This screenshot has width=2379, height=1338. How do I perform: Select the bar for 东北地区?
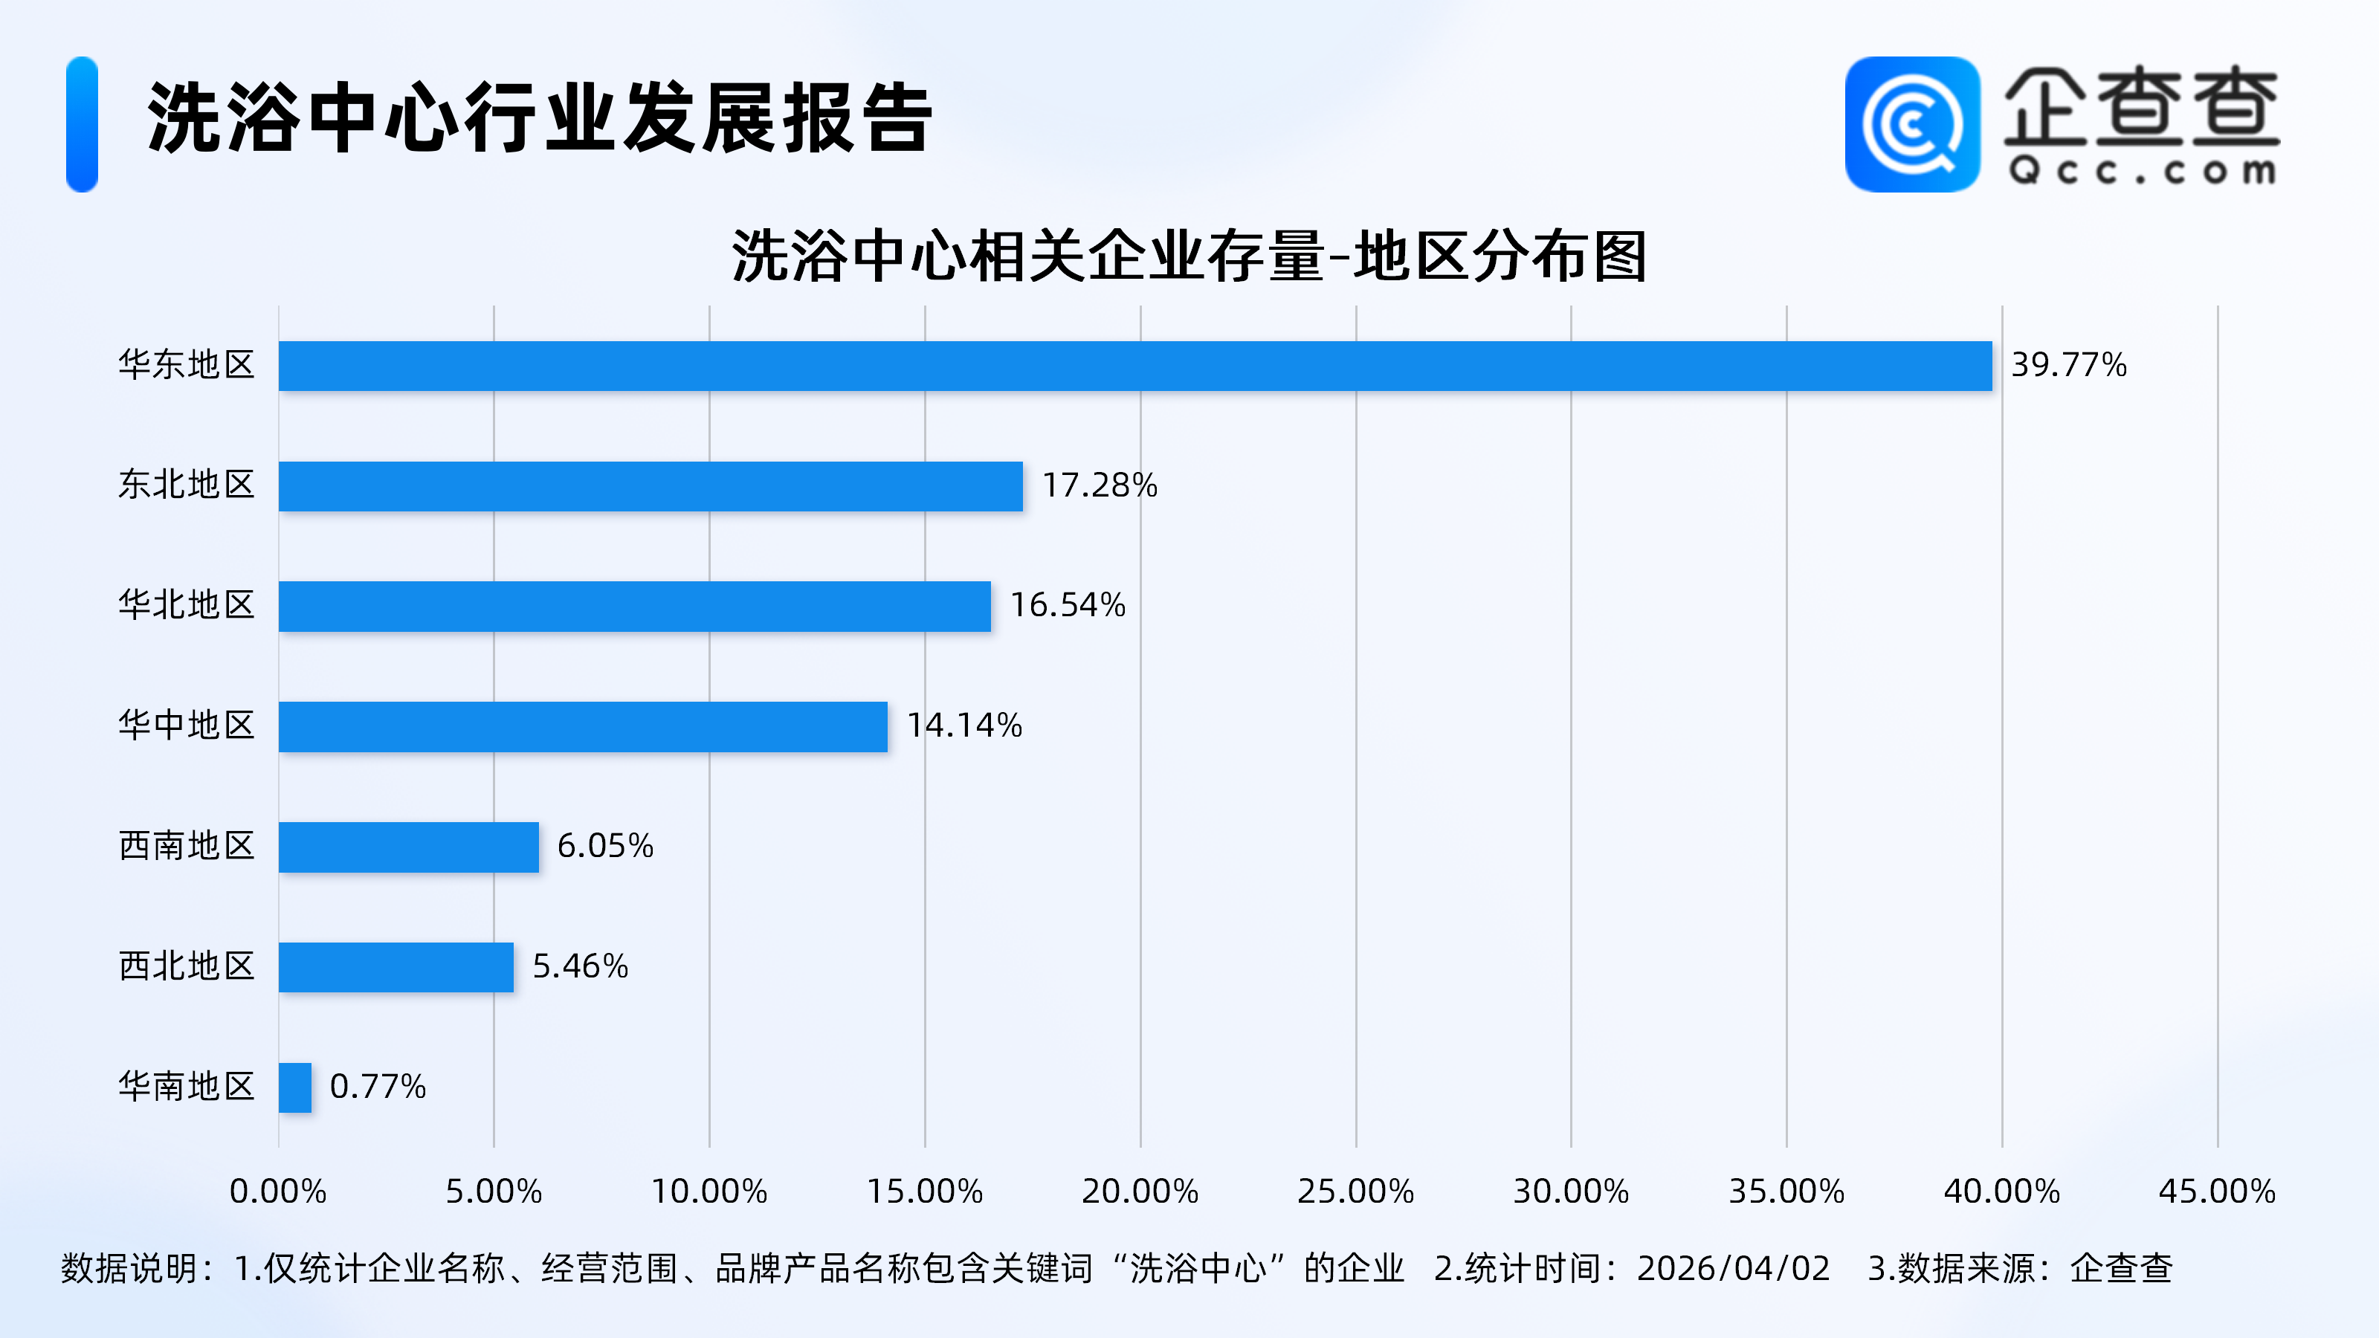(x=651, y=485)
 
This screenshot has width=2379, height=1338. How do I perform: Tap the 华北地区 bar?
(x=634, y=606)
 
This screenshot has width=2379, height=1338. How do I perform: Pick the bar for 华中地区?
(x=583, y=727)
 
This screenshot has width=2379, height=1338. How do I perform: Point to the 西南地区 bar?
(x=408, y=847)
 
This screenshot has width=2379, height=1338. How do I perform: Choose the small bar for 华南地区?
(x=294, y=1087)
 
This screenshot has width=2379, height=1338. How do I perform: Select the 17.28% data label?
(x=1099, y=485)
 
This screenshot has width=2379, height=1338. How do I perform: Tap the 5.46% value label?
(x=580, y=966)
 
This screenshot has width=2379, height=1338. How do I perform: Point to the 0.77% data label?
(x=378, y=1086)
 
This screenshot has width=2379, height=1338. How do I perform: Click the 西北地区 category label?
(x=187, y=966)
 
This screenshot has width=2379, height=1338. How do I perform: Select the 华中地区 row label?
(x=187, y=725)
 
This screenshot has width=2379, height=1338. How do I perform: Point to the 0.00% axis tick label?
(x=278, y=1191)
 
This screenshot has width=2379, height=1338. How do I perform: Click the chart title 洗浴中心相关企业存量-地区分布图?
(x=1189, y=256)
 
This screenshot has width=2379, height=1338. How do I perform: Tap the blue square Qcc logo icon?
(x=1911, y=125)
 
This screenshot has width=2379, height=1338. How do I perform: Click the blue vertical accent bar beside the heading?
(x=83, y=125)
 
